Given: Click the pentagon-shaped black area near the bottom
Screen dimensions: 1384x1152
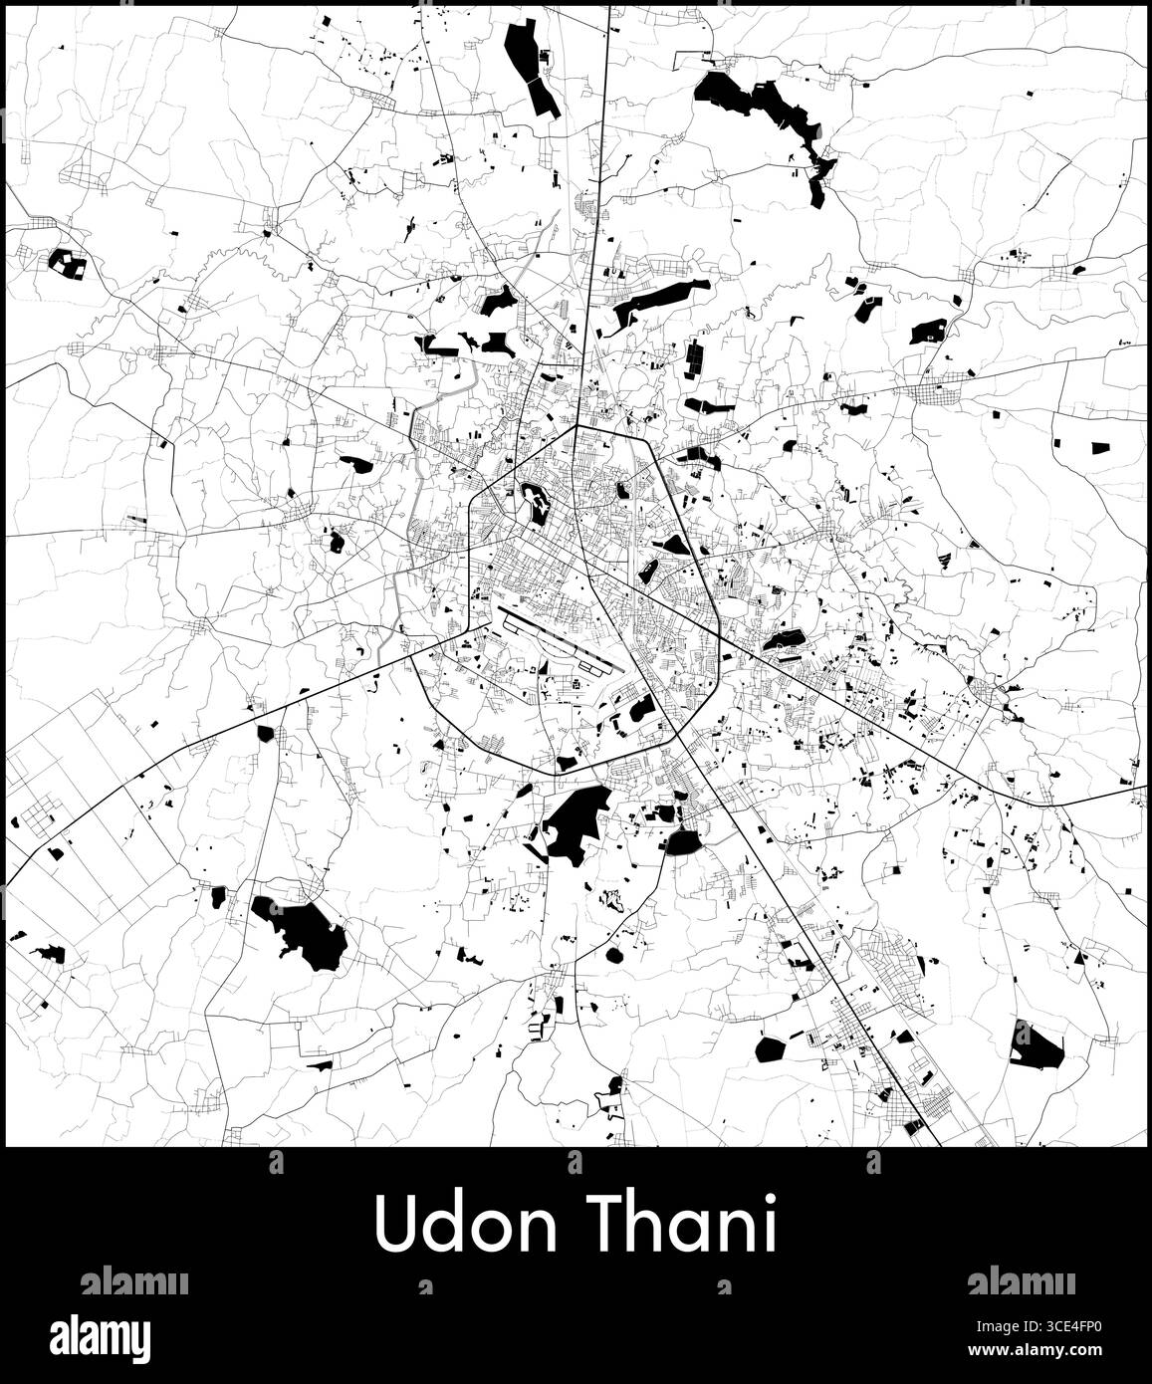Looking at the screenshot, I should point(771,1047).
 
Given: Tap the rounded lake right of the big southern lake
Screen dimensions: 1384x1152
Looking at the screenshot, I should point(684,841).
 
